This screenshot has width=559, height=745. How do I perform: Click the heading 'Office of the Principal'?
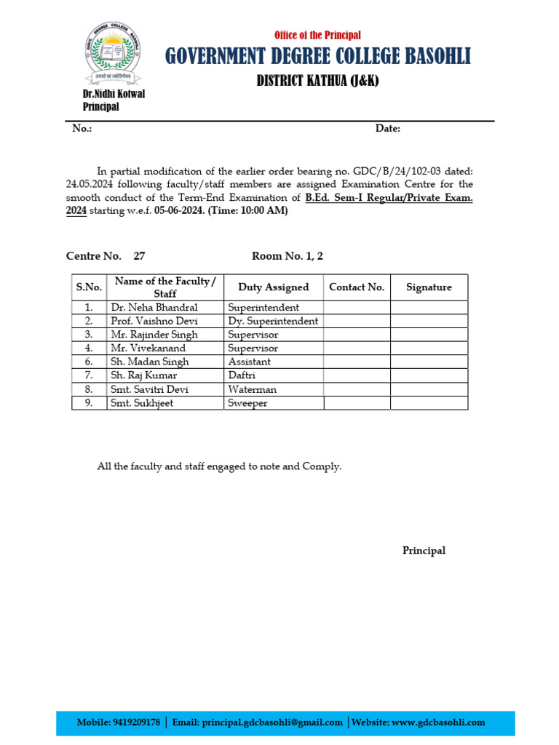[x=317, y=35]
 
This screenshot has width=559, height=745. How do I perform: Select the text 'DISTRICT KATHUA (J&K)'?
[x=317, y=81]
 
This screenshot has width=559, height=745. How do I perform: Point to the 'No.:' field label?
[x=82, y=129]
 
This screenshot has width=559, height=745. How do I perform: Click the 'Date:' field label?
[x=387, y=129]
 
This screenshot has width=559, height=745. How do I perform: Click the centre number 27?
[x=140, y=256]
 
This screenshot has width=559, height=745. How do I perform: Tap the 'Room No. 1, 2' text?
[x=287, y=256]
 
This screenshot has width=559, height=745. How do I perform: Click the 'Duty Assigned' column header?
[x=273, y=287]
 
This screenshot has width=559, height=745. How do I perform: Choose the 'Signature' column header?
[x=429, y=287]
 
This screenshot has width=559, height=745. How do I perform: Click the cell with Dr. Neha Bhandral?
[x=154, y=308]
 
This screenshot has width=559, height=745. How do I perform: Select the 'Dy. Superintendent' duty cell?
[x=273, y=321]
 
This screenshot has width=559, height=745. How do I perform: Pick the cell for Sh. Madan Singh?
[x=149, y=362]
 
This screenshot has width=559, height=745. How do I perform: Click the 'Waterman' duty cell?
[x=252, y=389]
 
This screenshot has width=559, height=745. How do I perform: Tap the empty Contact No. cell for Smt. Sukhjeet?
[x=357, y=403]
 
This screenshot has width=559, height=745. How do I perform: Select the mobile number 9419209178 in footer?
[x=137, y=722]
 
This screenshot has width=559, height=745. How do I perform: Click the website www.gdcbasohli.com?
[x=438, y=722]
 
